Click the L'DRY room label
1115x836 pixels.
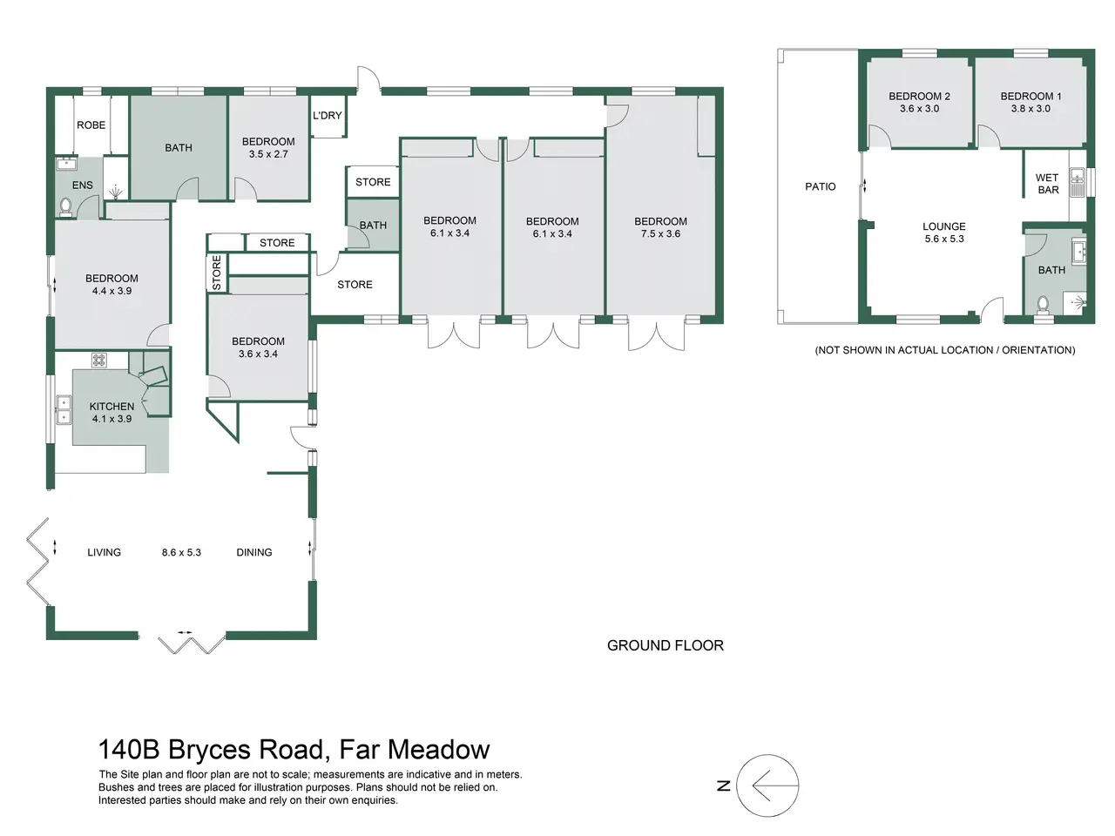(328, 116)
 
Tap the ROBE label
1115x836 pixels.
(91, 125)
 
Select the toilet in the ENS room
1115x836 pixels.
(65, 207)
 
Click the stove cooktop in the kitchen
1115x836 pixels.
(99, 361)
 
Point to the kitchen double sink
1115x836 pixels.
(64, 409)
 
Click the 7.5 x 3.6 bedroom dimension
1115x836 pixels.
(660, 234)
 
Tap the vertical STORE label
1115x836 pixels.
(217, 273)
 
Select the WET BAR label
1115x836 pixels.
(1047, 184)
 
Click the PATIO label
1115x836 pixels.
(820, 186)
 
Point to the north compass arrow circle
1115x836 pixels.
(767, 785)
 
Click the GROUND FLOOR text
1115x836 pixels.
(665, 645)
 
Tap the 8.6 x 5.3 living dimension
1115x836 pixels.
(181, 552)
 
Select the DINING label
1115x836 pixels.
(254, 552)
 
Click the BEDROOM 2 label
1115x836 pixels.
(919, 97)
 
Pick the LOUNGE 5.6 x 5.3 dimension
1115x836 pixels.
(943, 239)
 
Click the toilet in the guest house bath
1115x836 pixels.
(1043, 305)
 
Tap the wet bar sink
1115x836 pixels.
(1077, 176)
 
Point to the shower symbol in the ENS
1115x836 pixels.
(117, 191)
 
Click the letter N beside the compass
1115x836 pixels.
(723, 785)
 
